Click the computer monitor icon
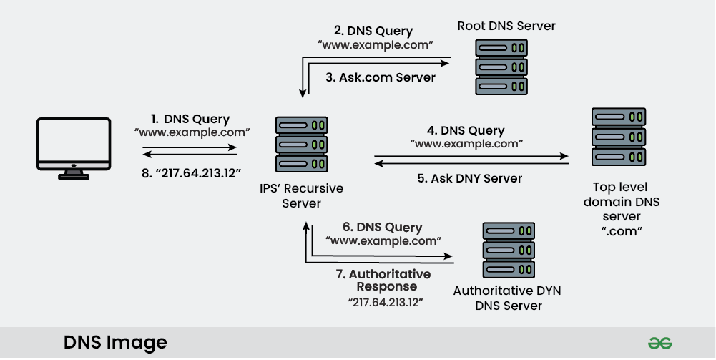74,148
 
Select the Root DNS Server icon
501,67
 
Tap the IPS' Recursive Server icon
301,145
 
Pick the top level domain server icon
619,137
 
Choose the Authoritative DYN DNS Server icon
509,250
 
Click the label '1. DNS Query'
190,119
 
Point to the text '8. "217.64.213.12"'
191,173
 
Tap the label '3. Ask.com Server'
381,77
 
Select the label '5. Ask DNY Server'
469,178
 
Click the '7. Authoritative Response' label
383,280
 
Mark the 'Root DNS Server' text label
506,26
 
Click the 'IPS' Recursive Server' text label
301,195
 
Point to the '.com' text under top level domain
622,230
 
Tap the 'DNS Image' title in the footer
116,342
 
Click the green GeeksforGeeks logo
659,343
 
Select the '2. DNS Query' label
373,31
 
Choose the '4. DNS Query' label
466,130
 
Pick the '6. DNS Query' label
383,227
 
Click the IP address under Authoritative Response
386,303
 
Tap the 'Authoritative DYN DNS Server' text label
507,298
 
